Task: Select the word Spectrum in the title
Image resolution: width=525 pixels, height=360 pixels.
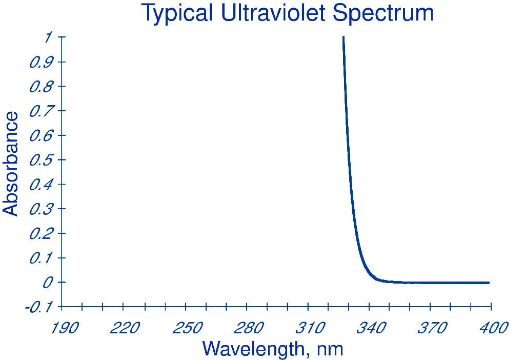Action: (x=383, y=14)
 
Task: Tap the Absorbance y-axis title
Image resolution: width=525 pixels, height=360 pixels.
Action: (x=10, y=164)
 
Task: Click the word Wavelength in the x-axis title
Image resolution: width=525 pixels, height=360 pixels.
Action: (x=253, y=349)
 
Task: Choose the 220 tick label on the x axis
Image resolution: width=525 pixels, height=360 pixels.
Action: (x=125, y=328)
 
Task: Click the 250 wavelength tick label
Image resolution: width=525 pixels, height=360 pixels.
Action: (x=188, y=328)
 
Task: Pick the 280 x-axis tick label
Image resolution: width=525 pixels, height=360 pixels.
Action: (x=249, y=328)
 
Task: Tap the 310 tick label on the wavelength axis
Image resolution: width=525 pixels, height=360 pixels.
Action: (x=310, y=328)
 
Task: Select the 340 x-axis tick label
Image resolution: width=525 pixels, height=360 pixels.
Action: (x=371, y=328)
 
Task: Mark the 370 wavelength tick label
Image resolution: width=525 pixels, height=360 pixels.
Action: (x=433, y=328)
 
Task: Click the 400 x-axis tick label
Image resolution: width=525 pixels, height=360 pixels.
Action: (x=494, y=328)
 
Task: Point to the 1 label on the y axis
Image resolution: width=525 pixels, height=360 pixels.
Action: (x=48, y=37)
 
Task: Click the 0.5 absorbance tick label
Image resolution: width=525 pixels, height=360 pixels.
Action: (x=41, y=160)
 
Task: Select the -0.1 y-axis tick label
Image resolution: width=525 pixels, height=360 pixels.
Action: (x=38, y=307)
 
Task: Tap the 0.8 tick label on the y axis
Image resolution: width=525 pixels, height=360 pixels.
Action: (x=41, y=86)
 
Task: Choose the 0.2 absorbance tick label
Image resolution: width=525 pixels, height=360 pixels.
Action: (x=41, y=233)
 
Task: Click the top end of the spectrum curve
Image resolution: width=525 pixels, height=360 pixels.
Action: (x=344, y=37)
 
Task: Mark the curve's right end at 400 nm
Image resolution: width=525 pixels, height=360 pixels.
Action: (x=489, y=283)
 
